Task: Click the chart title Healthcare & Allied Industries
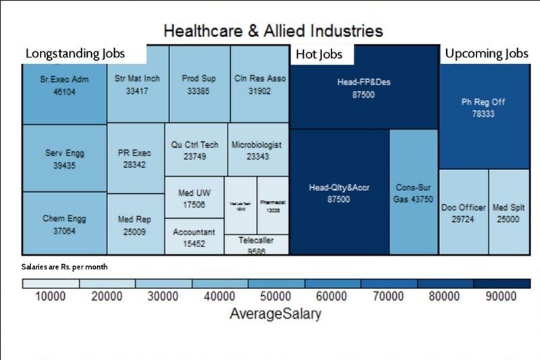(x=273, y=31)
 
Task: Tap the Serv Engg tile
(x=64, y=159)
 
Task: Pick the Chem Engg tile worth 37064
(x=64, y=224)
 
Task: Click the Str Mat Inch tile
(x=138, y=84)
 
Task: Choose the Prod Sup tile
(x=199, y=84)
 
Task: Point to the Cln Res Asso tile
(x=260, y=84)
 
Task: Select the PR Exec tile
(x=136, y=159)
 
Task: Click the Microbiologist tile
(x=256, y=150)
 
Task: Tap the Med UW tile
(x=194, y=198)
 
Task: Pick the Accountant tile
(x=194, y=237)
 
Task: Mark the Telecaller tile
(x=256, y=245)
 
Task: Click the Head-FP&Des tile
(x=364, y=88)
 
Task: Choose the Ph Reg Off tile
(x=483, y=108)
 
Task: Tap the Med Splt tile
(x=509, y=212)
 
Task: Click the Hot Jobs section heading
(x=320, y=54)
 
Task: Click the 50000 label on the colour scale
(x=276, y=297)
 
